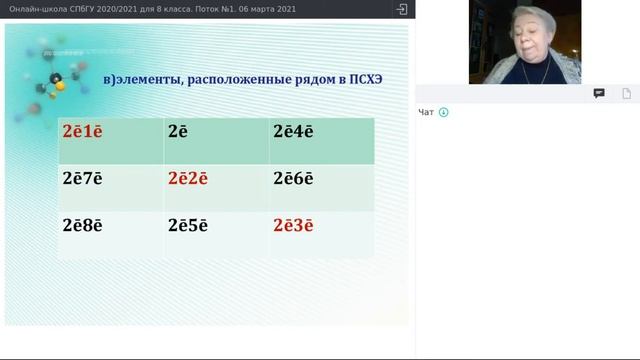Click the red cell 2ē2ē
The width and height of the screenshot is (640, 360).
coord(188,178)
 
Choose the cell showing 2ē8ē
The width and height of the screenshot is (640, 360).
coord(83,225)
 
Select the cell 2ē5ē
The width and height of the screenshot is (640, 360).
coord(188,225)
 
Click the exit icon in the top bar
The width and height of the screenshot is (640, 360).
coord(402,9)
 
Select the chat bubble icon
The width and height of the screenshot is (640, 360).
coord(599,93)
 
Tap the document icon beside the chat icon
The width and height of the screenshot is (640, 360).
coord(627,93)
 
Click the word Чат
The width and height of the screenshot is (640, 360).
coord(426,112)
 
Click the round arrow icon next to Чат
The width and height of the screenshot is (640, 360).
coord(443,112)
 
